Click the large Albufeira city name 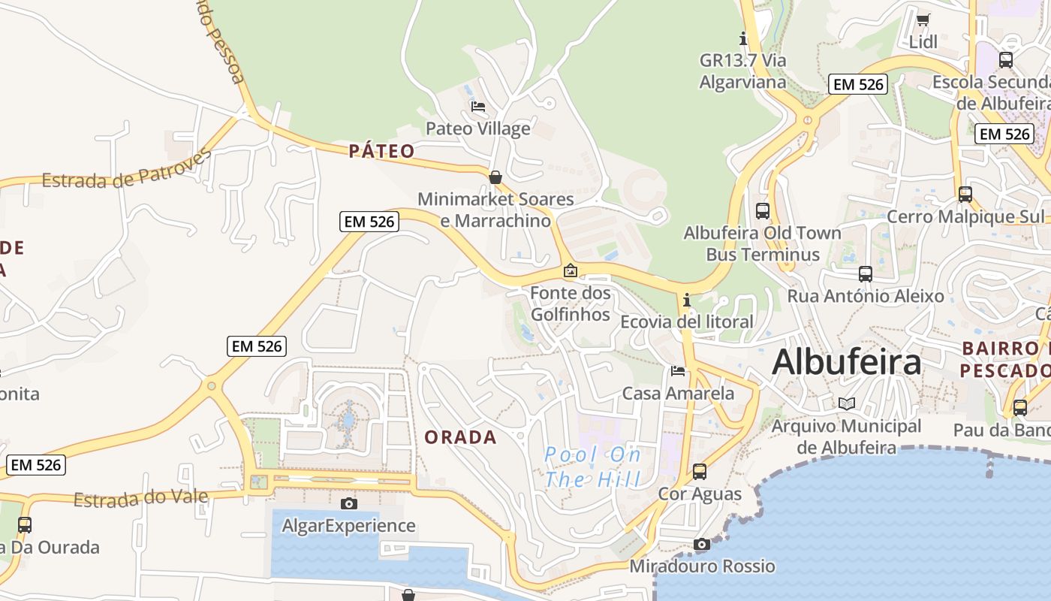pos(846,362)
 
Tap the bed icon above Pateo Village pos(478,107)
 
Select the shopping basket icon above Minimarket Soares pos(495,177)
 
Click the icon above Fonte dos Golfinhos pos(571,270)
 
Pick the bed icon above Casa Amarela pos(678,371)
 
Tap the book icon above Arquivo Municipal pos(847,403)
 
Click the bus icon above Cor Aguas pos(700,472)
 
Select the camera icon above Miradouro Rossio pos(702,544)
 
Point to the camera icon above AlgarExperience pos(348,503)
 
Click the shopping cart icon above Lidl pos(923,20)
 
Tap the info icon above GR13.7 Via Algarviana pos(744,38)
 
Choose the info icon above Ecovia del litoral pos(686,300)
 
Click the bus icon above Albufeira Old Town pos(763,211)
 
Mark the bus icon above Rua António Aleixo pos(866,274)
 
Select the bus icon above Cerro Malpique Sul pos(965,195)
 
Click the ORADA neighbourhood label pos(461,437)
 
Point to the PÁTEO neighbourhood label pos(381,151)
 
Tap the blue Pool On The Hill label pos(593,467)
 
